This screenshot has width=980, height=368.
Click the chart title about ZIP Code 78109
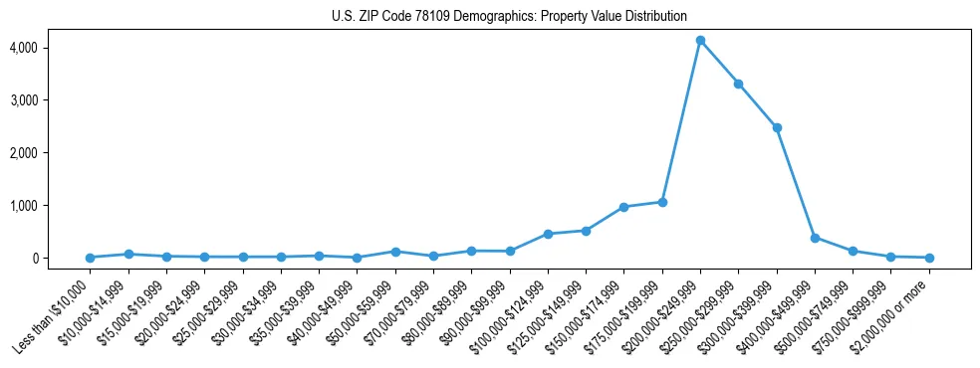pos(509,16)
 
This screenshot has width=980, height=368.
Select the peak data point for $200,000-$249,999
pos(700,41)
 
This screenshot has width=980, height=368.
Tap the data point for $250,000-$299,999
pos(738,84)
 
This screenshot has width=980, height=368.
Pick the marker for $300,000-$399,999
pos(777,127)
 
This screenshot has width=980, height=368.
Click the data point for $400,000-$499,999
pos(815,238)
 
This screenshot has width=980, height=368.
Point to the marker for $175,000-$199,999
pos(662,202)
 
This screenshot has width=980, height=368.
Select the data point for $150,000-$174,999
pos(623,207)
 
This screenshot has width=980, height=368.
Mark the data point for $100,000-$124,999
pos(548,234)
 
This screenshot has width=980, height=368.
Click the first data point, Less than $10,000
pos(91,258)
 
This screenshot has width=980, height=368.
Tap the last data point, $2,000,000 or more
pos(929,258)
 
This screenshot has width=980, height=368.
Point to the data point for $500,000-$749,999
pos(853,251)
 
